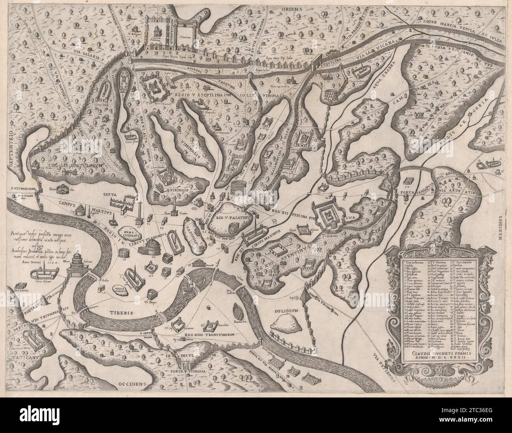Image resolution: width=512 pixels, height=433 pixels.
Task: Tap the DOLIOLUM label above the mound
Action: click(287, 311)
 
